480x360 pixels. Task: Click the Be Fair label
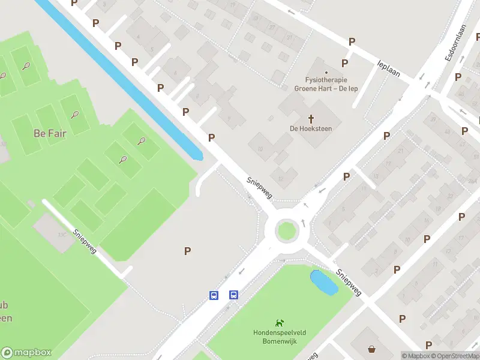[x=50, y=133]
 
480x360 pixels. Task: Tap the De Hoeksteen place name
[x=311, y=128]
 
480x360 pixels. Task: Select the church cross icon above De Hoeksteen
[x=311, y=118]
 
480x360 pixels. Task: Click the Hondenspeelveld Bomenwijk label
[x=279, y=337]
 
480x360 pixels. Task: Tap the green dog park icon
[x=279, y=323]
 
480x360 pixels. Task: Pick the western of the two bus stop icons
[x=214, y=295]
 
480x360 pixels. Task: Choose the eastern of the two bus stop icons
[x=233, y=295]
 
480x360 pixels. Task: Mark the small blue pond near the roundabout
[x=323, y=282]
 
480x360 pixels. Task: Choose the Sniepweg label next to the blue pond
[x=349, y=282]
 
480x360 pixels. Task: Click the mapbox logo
[x=26, y=353]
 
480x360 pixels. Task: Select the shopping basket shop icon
[x=372, y=349]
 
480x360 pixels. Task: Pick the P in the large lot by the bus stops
[x=188, y=251]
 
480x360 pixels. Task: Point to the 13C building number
[x=62, y=235]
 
